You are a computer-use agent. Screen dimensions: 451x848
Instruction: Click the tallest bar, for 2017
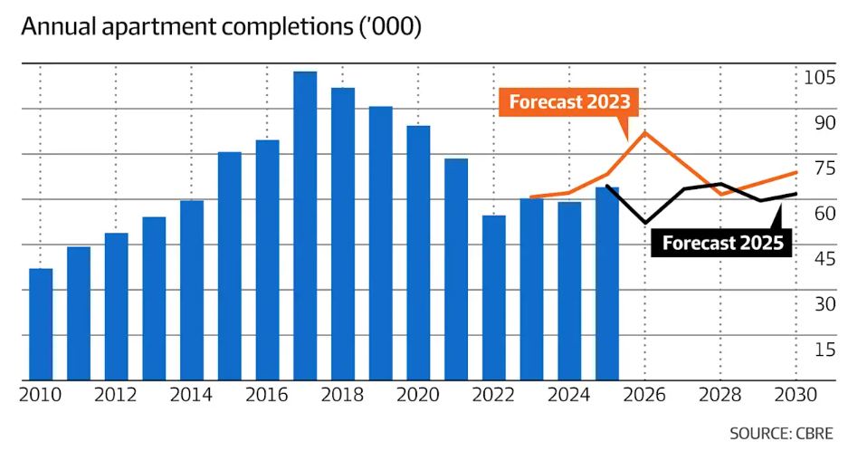[305, 226]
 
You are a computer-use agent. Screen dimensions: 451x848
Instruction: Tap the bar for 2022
[494, 298]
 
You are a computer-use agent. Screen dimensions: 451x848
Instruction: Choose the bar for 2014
[192, 290]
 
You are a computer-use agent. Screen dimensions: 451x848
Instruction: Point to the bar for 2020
[418, 253]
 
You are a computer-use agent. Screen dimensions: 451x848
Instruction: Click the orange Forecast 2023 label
[569, 101]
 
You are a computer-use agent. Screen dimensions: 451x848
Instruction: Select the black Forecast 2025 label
[722, 243]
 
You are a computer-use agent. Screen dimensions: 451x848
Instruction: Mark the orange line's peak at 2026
[645, 132]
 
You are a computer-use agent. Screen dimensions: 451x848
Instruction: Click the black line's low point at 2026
[645, 223]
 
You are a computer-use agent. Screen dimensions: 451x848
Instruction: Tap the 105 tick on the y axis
[819, 77]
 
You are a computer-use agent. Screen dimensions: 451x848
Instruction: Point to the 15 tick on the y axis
[824, 349]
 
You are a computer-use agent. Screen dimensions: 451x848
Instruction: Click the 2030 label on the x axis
[796, 396]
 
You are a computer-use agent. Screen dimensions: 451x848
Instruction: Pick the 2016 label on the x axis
[267, 396]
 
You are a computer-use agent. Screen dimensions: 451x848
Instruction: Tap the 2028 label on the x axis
[721, 396]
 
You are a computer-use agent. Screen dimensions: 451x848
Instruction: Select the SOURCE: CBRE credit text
[780, 433]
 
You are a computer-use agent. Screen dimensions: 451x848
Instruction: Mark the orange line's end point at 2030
[796, 172]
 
